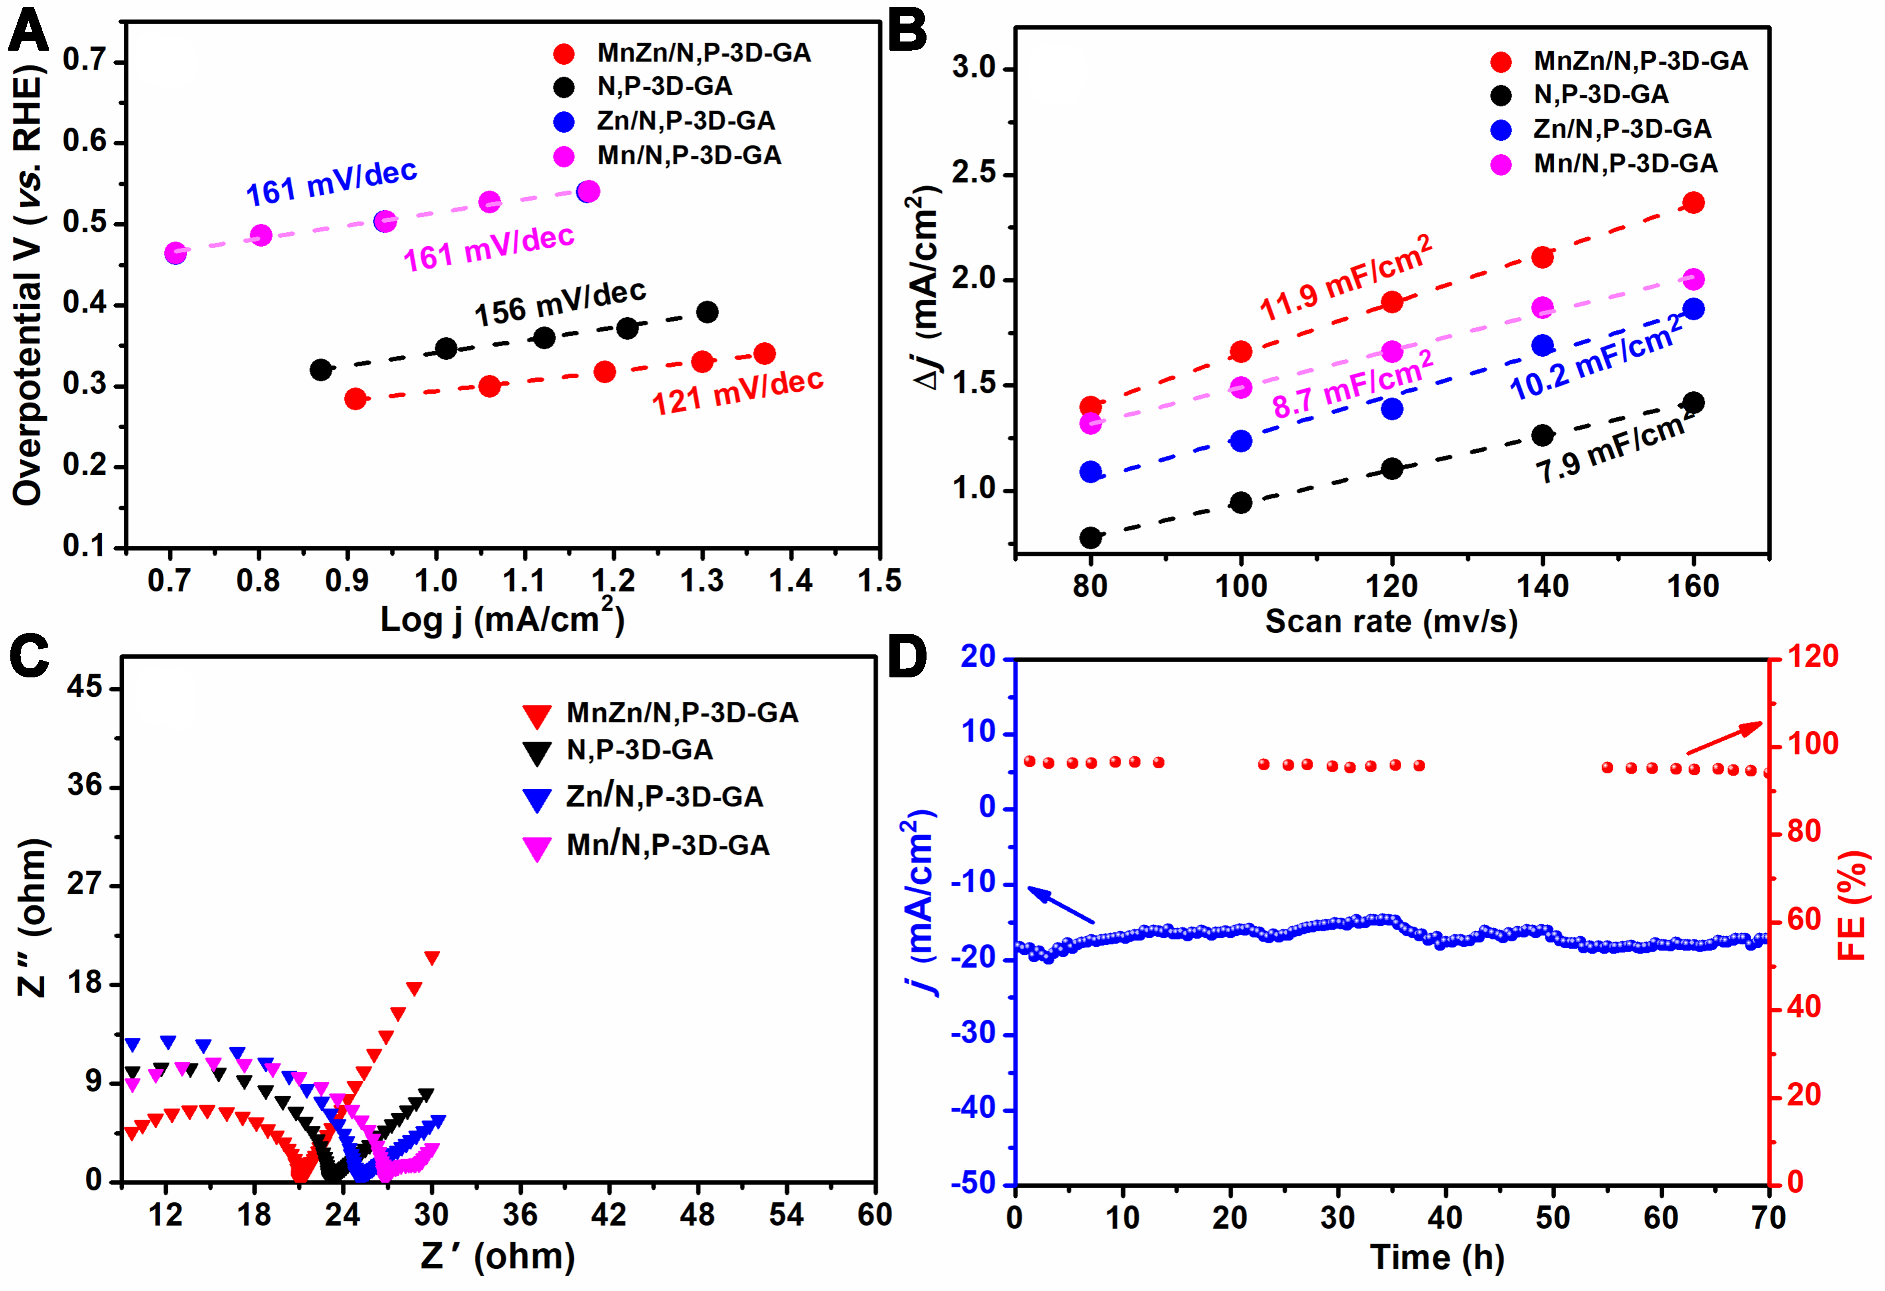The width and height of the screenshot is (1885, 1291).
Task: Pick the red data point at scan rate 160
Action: coord(1693,203)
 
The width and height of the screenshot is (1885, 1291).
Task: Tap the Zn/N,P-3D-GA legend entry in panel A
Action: coord(686,121)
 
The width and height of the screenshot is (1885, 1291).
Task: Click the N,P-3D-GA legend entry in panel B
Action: coord(1600,95)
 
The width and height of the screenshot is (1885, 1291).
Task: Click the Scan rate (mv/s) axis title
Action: coord(1391,622)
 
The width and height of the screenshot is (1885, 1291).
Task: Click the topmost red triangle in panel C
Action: coord(431,958)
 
